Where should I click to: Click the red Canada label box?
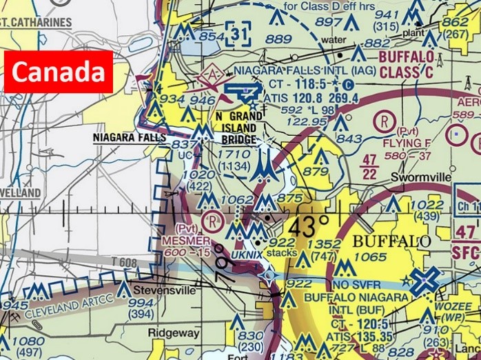59,72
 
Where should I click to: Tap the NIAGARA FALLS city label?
130,137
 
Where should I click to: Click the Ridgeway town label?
174,333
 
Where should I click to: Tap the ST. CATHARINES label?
36,22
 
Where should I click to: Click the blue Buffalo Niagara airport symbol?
425,280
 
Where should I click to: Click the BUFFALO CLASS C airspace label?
407,63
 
